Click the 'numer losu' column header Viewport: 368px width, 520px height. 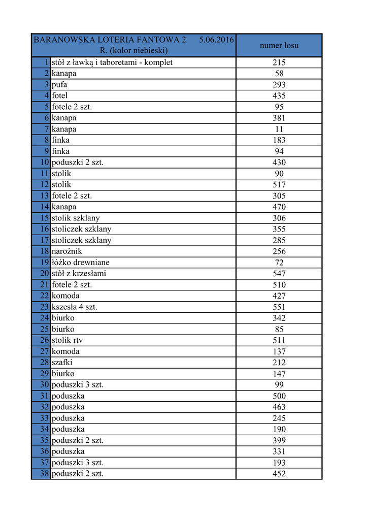(x=279, y=46)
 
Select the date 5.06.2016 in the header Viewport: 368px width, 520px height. (x=216, y=40)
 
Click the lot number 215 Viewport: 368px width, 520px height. (x=279, y=62)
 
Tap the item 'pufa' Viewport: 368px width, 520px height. (x=59, y=85)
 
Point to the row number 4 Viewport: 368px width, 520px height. (x=46, y=96)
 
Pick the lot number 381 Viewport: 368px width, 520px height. (x=279, y=118)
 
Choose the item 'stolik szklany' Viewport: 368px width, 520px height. (x=76, y=218)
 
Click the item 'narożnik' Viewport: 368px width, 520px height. (x=66, y=251)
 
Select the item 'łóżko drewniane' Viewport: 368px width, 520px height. (x=80, y=263)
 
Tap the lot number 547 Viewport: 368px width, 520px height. (x=279, y=274)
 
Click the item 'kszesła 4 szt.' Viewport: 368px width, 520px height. (x=74, y=307)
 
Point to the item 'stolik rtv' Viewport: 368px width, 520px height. (x=67, y=340)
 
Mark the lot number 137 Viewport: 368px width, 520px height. (x=279, y=351)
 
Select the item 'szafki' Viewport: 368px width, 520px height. (x=62, y=363)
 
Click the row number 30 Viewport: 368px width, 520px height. (x=44, y=385)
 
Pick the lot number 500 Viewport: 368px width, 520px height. (x=279, y=396)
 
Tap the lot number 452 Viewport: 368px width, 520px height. (x=279, y=474)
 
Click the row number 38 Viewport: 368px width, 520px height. (x=44, y=474)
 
